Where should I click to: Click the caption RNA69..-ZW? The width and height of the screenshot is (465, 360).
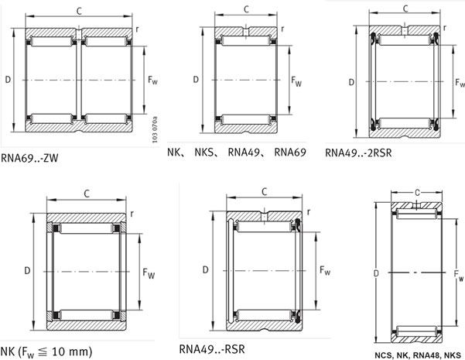coord(29,158)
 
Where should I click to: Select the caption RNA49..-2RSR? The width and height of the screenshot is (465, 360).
coord(358,153)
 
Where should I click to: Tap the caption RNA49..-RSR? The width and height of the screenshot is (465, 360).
coord(212,349)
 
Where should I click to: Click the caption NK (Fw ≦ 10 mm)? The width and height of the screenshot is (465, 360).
coord(46,351)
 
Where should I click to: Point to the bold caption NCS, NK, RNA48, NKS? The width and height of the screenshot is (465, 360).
coord(418,355)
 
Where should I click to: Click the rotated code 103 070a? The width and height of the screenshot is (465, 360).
coord(155,130)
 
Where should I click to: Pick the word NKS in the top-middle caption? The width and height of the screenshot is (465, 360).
coord(205,152)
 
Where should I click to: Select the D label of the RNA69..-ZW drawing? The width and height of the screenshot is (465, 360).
coord(8,80)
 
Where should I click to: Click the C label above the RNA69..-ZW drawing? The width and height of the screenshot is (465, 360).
coord(79,12)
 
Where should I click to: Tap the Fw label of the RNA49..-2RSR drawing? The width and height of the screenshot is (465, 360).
coord(460,82)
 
